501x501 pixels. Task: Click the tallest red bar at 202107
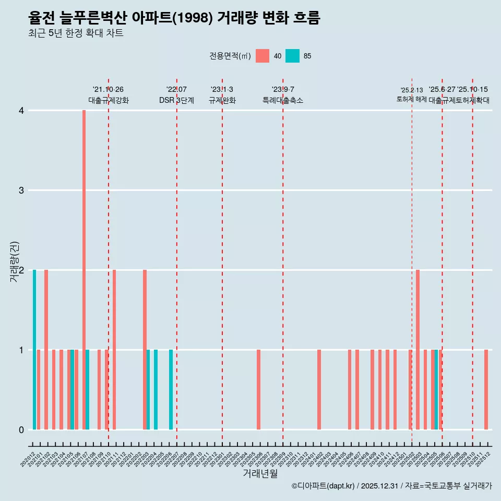click(84, 270)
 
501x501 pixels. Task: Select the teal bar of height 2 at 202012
click(34, 350)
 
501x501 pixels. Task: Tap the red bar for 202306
click(258, 389)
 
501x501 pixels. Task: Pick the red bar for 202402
click(319, 389)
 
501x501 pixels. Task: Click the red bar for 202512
click(486, 389)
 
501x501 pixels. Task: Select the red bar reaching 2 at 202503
click(418, 350)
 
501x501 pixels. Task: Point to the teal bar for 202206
click(171, 389)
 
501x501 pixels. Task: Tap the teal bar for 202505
click(436, 389)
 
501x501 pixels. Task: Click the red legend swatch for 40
click(263, 56)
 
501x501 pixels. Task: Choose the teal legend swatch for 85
click(293, 56)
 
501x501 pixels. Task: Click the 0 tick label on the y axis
click(21, 430)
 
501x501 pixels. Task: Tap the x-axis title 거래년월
click(260, 473)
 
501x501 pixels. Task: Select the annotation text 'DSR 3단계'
click(176, 100)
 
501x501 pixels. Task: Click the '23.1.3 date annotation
click(222, 90)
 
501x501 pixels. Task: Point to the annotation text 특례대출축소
click(282, 100)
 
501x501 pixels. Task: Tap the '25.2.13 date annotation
click(411, 90)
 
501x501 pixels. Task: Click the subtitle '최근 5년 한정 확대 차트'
click(76, 33)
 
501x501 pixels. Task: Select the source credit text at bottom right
click(391, 486)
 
